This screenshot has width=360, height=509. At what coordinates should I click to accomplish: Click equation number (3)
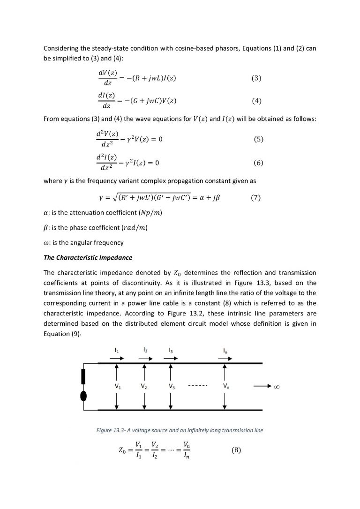256,78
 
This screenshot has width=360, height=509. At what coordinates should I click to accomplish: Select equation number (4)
256,101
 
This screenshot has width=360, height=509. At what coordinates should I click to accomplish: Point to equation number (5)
259,139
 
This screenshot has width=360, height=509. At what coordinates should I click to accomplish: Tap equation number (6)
259,163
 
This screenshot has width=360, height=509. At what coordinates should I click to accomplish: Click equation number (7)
256,197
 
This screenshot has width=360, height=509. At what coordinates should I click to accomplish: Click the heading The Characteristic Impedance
88,257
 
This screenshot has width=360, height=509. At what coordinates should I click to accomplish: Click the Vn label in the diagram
226,387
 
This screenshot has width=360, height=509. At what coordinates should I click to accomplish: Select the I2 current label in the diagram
145,350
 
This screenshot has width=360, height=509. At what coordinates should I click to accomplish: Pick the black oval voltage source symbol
84,395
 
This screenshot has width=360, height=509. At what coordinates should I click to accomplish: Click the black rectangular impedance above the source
84,376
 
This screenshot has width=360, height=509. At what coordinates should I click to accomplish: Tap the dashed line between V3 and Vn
198,387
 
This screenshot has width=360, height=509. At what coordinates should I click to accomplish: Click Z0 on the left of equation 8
123,450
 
